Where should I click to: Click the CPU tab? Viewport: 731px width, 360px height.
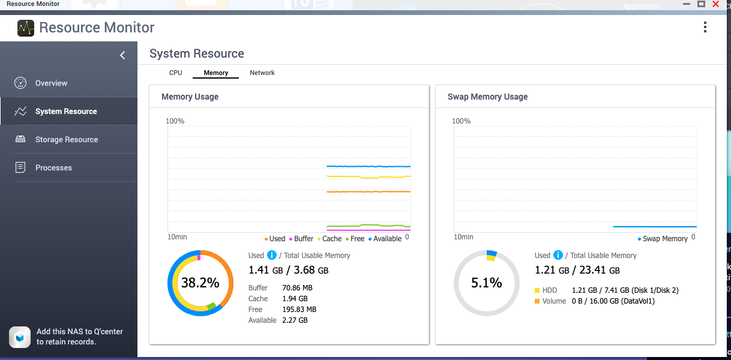(175, 73)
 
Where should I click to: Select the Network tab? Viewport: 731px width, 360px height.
(262, 73)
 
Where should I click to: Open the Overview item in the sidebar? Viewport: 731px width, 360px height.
(51, 83)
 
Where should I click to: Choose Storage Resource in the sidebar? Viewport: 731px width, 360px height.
(66, 139)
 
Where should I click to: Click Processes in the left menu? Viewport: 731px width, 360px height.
(53, 167)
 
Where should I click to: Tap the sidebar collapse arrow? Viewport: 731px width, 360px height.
(122, 55)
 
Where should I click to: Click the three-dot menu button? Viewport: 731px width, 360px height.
(705, 27)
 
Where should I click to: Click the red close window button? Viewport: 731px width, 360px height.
(715, 4)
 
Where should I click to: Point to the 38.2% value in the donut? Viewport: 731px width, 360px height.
(200, 283)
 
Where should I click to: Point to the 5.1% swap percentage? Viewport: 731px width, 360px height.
(486, 283)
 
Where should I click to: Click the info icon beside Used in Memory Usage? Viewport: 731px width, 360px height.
(272, 256)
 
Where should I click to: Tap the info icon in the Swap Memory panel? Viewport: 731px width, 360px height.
(558, 256)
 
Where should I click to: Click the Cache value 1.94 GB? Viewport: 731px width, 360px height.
(295, 298)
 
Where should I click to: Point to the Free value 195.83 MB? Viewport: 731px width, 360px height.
(299, 309)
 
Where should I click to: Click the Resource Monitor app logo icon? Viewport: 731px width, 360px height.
(26, 28)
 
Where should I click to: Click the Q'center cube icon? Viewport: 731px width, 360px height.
(20, 337)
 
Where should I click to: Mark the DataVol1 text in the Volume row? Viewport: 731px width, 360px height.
(637, 301)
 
